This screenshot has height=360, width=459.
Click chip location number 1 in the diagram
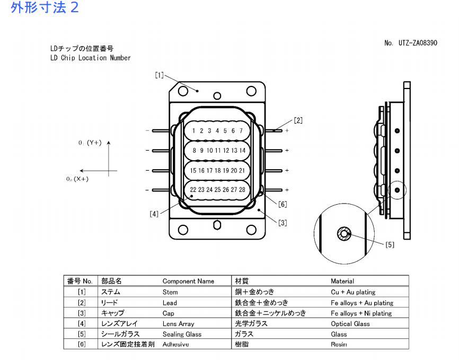[x=194, y=130]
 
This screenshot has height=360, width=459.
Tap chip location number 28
[x=242, y=189]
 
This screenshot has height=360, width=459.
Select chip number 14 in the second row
[x=242, y=151]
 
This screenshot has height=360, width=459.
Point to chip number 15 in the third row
[x=193, y=170]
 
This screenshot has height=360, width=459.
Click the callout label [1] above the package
[x=159, y=75]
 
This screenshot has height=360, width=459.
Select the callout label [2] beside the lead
[x=298, y=120]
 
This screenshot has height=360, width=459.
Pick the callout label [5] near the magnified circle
[x=390, y=244]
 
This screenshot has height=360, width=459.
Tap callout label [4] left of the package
[x=154, y=214]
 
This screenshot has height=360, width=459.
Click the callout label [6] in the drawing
[x=283, y=204]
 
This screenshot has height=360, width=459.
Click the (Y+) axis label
[x=94, y=143]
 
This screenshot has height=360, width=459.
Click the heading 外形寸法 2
[x=45, y=8]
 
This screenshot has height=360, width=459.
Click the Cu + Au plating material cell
[x=353, y=292]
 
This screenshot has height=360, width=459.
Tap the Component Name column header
[x=188, y=281]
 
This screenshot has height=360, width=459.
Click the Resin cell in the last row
[x=339, y=344]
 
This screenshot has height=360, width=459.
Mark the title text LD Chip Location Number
[x=90, y=58]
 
